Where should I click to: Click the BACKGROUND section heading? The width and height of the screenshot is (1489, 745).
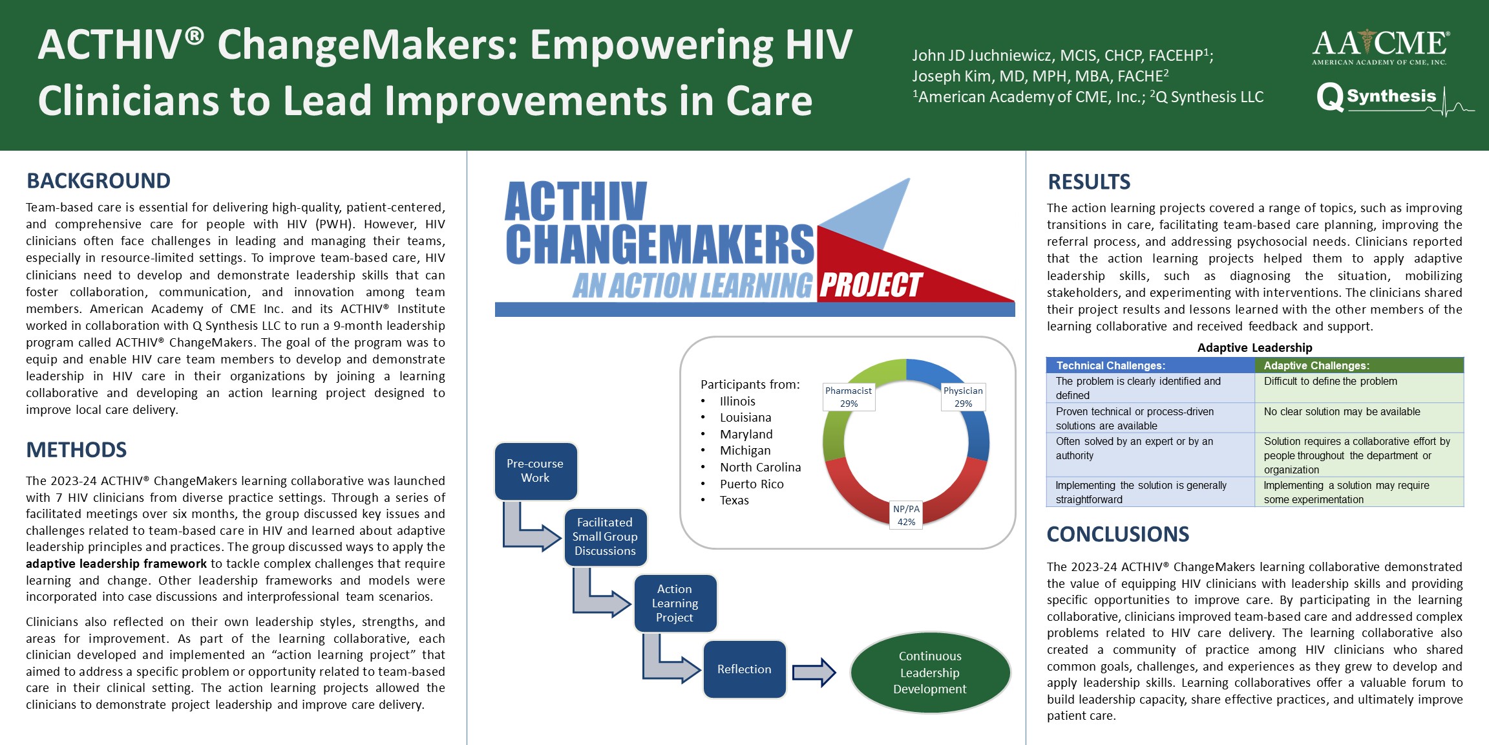(98, 181)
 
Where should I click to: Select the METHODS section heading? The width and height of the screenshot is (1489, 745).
(76, 450)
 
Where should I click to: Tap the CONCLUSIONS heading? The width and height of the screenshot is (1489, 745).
(1118, 534)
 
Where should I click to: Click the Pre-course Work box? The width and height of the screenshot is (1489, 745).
(536, 471)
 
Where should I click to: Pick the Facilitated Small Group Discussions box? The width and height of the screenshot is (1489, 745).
(606, 537)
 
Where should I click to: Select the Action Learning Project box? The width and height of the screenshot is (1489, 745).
(675, 603)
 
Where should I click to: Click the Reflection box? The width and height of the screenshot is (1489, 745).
(744, 669)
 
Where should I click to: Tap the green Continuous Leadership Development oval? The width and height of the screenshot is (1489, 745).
(930, 673)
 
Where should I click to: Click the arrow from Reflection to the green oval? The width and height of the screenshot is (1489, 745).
(814, 673)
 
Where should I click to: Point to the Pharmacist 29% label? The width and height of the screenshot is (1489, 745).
(849, 397)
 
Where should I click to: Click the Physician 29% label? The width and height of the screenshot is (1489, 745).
(963, 397)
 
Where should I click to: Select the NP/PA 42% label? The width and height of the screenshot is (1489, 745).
(906, 515)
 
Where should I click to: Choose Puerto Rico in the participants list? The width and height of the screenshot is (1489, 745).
(752, 484)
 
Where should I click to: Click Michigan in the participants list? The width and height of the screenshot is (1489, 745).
(745, 451)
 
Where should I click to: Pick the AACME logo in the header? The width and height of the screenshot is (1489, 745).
(1380, 47)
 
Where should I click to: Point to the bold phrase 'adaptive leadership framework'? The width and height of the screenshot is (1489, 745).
(116, 564)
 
